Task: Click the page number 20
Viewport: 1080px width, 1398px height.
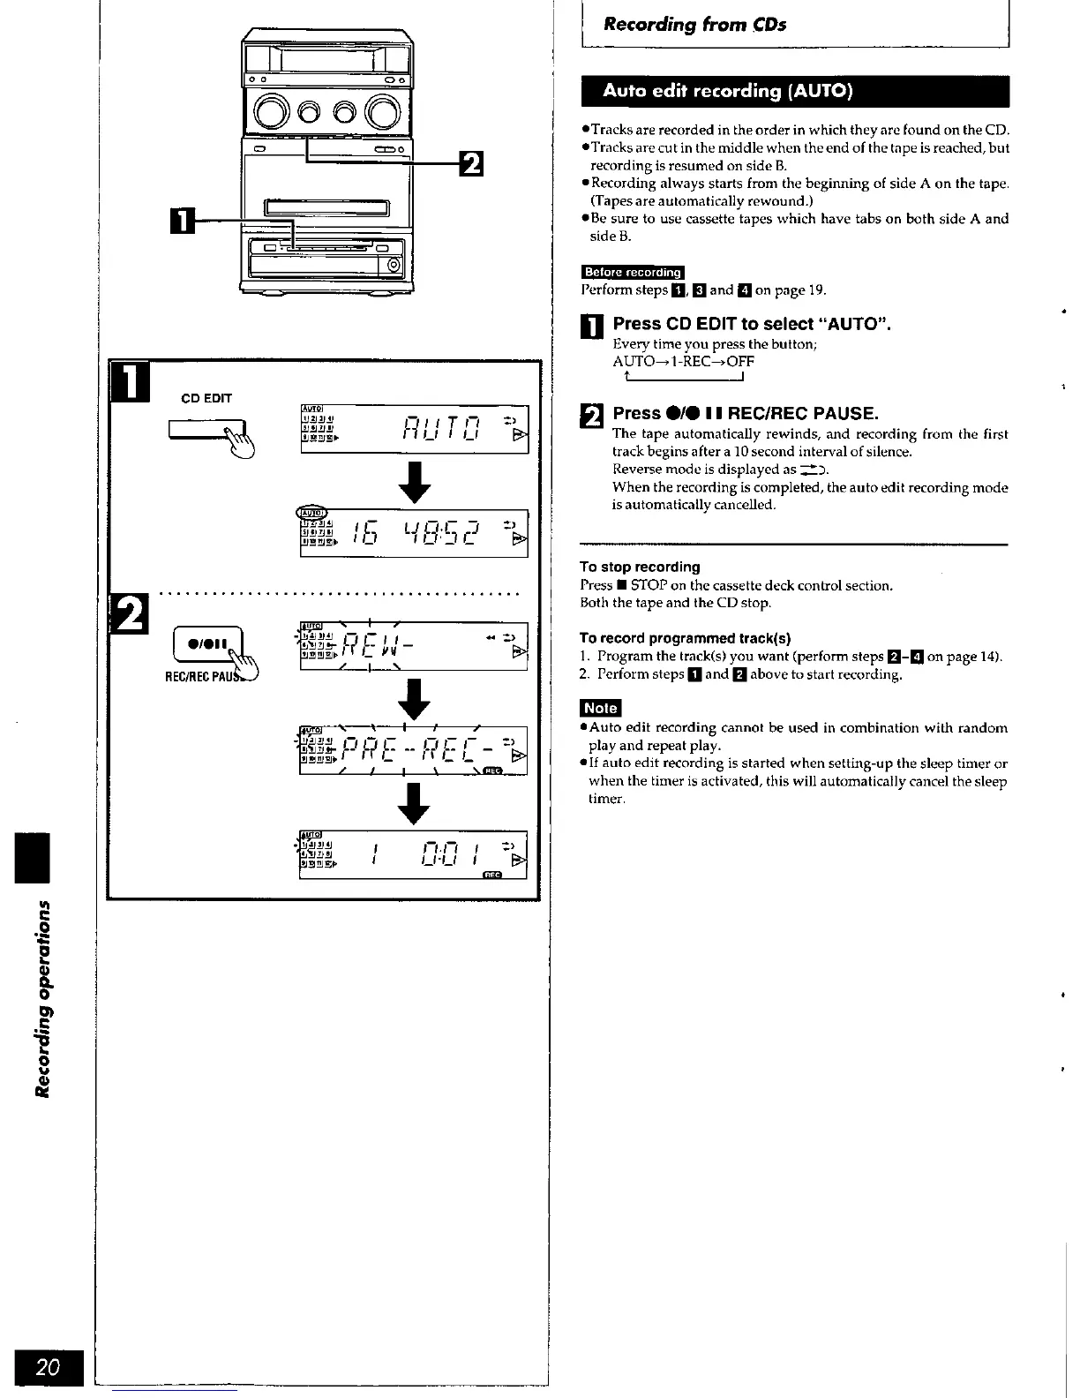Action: click(x=48, y=1367)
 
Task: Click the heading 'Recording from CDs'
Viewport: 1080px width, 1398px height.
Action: click(x=694, y=25)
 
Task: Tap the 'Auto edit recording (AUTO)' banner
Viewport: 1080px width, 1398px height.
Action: click(x=727, y=91)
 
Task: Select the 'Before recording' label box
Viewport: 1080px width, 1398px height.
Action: click(x=633, y=272)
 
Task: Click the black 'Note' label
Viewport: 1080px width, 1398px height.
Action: click(x=600, y=708)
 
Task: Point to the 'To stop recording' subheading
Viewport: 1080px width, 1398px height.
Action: click(x=640, y=567)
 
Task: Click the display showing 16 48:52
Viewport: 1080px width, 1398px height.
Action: click(x=414, y=533)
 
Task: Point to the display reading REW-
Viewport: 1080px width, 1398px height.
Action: click(x=414, y=647)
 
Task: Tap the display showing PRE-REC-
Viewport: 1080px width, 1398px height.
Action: click(x=414, y=750)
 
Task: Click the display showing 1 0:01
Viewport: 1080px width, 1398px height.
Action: click(x=414, y=854)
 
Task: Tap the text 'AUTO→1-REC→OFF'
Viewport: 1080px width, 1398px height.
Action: click(x=683, y=361)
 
